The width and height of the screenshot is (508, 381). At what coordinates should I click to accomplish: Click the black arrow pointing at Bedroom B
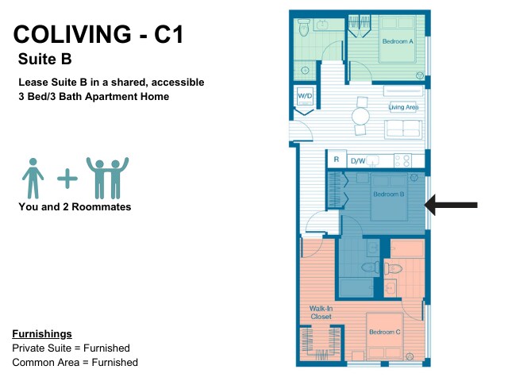(x=451, y=205)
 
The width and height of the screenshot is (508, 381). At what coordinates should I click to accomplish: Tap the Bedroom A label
(x=398, y=41)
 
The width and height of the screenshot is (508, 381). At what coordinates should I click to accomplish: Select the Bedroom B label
(x=389, y=194)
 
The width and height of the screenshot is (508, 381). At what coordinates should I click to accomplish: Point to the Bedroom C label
(x=385, y=332)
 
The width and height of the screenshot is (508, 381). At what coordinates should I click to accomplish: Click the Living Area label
(x=403, y=107)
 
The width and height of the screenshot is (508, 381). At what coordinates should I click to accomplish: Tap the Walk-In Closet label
(x=321, y=313)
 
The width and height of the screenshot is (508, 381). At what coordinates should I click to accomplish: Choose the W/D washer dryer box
(x=305, y=96)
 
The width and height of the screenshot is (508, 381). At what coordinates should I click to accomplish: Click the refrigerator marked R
(x=337, y=160)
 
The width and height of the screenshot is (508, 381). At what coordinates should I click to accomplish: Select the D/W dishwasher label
(x=358, y=161)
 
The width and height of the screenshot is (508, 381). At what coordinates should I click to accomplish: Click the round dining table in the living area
(x=360, y=116)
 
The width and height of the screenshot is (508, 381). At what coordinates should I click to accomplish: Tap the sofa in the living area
(x=403, y=129)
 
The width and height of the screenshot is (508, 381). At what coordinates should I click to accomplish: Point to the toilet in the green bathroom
(x=304, y=28)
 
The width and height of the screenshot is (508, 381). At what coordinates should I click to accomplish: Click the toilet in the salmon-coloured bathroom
(x=393, y=268)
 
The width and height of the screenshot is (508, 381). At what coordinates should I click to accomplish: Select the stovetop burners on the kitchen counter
(x=402, y=160)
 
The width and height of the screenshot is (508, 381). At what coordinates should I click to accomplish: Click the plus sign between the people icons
(x=67, y=178)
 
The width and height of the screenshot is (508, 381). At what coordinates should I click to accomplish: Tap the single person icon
(x=33, y=178)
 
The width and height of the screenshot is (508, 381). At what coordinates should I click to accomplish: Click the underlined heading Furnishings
(x=42, y=334)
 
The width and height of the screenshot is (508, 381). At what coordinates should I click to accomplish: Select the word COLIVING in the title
(x=72, y=34)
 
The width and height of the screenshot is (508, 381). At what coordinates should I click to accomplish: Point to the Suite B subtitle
(x=45, y=59)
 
